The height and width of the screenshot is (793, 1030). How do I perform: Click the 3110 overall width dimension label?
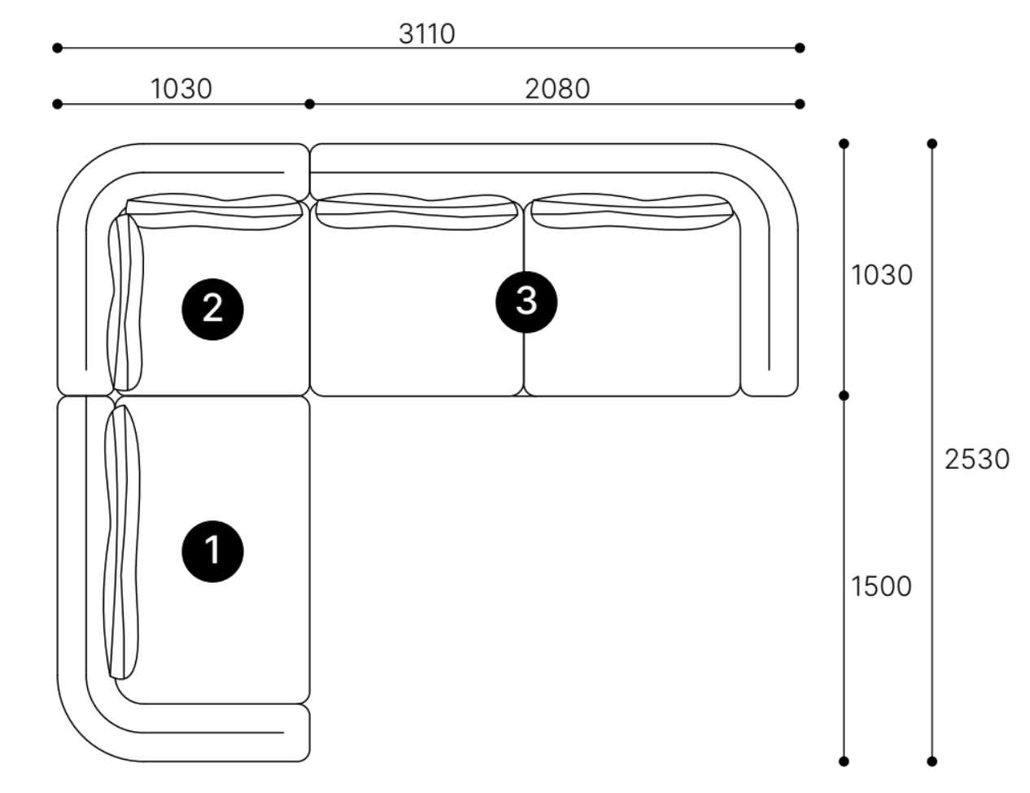point(427,34)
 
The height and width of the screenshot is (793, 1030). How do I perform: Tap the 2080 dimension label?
point(557,90)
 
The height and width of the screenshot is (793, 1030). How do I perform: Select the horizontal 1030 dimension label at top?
point(181,90)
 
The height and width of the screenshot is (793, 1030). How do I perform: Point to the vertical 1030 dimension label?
point(882,275)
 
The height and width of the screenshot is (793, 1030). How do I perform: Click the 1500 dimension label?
point(882,587)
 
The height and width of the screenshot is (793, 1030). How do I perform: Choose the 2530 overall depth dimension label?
point(977,459)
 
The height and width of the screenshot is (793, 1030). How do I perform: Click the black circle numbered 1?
point(213,551)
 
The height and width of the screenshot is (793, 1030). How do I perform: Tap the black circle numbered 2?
point(213,309)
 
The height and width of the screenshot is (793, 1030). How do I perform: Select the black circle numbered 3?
point(526,302)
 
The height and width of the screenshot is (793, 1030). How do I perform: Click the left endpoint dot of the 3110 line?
point(57,48)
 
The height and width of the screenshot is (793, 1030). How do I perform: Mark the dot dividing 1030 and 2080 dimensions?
point(309,104)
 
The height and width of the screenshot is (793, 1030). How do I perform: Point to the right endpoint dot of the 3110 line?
point(800,48)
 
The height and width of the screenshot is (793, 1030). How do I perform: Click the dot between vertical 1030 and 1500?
point(844,396)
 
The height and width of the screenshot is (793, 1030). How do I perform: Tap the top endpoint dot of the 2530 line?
point(932,144)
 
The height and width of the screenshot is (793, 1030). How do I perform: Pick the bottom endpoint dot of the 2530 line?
point(932,762)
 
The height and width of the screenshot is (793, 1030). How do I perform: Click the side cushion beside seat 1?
point(122,542)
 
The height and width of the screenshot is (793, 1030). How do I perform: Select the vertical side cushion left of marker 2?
point(125,302)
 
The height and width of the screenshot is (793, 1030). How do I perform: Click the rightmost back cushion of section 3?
point(632,212)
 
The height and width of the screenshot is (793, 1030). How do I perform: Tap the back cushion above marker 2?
point(214,212)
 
